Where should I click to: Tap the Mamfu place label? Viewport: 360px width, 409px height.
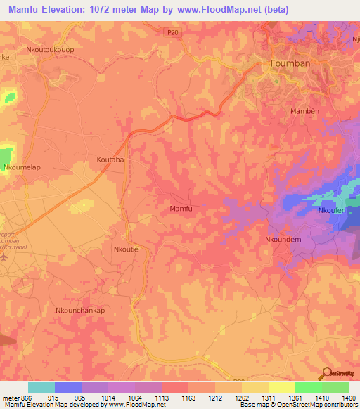181,209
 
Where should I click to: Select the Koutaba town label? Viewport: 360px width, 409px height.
110,160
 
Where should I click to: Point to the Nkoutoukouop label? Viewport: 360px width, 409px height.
51,51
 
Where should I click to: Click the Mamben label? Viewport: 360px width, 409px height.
304,111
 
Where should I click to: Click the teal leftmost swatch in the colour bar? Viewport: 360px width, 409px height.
41,387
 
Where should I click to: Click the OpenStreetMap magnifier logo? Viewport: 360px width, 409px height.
327,372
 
